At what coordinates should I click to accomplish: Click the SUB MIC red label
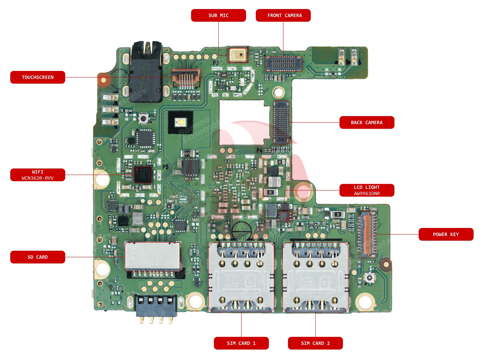pos(218,15)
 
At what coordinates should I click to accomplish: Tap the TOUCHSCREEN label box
pos(37,77)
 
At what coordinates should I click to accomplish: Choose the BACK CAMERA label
pos(366,122)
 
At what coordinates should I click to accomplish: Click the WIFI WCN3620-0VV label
pos(37,175)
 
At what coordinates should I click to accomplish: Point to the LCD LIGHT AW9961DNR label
pos(366,190)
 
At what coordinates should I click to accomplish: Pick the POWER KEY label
pos(446,234)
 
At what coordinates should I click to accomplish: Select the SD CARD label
pos(37,257)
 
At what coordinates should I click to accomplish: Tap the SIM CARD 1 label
pos(241,343)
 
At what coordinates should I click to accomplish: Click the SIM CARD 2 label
pos(315,343)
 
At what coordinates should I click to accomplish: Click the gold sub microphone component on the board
pos(237,55)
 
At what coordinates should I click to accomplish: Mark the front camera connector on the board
pos(283,64)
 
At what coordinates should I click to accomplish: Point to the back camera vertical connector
pos(281,122)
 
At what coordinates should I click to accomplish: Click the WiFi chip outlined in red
pos(143,174)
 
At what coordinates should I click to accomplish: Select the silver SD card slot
pos(153,256)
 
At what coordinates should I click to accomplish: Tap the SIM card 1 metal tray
pos(241,277)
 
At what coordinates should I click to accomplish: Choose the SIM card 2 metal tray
pos(315,277)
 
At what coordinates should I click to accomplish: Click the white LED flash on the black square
pos(180,122)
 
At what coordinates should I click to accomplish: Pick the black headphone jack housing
pos(145,75)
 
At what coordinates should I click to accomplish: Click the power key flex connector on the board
pos(367,234)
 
